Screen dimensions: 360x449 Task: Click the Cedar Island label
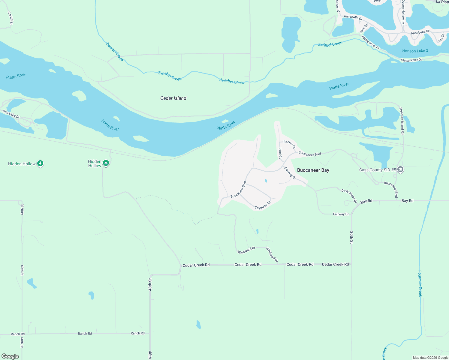tap(173, 98)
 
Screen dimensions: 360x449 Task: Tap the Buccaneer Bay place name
tap(313, 170)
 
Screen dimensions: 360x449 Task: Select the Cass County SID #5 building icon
tap(400, 169)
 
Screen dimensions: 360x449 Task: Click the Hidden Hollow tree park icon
tap(41, 163)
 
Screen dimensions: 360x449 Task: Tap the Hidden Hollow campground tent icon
tap(106, 163)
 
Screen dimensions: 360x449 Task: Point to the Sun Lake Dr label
tap(11, 114)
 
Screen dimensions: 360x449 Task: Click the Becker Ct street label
tap(290, 144)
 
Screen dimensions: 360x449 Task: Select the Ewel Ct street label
tap(280, 153)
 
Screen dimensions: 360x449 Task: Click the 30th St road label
tap(351, 237)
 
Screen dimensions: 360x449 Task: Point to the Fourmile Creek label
tap(420, 283)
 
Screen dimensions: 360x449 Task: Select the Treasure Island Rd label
tap(402, 121)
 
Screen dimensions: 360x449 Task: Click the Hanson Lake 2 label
tap(415, 51)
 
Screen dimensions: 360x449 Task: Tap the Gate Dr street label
tap(363, 29)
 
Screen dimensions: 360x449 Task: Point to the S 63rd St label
tap(11, 18)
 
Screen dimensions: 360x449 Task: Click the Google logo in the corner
tap(10, 356)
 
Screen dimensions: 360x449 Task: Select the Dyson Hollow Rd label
tap(403, 12)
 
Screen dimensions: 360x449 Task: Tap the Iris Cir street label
tap(441, 38)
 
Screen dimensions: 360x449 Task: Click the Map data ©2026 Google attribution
tap(430, 358)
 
